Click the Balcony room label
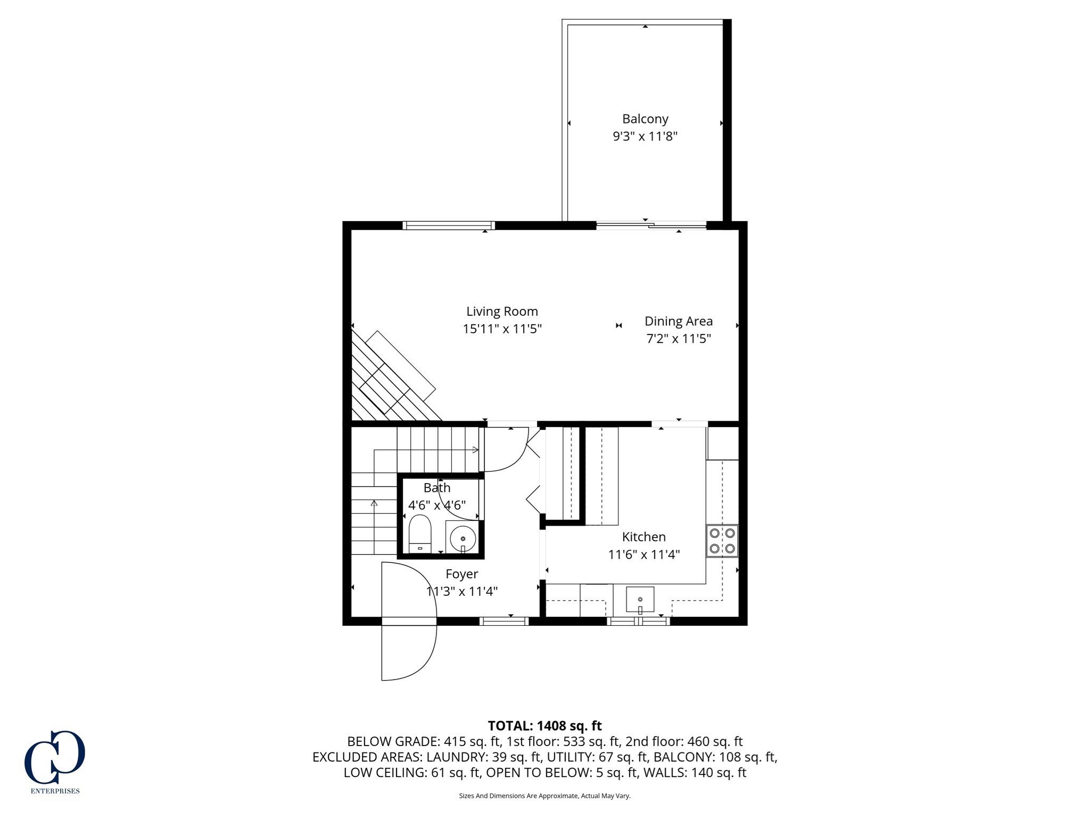(645, 119)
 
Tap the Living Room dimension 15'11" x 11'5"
(502, 329)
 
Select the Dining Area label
(678, 321)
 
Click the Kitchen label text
(643, 537)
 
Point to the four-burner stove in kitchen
(722, 541)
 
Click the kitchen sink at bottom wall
(640, 600)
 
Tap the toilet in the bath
(419, 534)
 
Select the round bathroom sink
(463, 539)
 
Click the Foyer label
(461, 574)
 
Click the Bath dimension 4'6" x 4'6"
(437, 505)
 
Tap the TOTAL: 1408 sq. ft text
(544, 726)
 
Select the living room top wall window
(449, 226)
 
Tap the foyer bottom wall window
(503, 621)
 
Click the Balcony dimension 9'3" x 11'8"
(645, 136)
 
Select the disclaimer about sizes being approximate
(544, 796)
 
